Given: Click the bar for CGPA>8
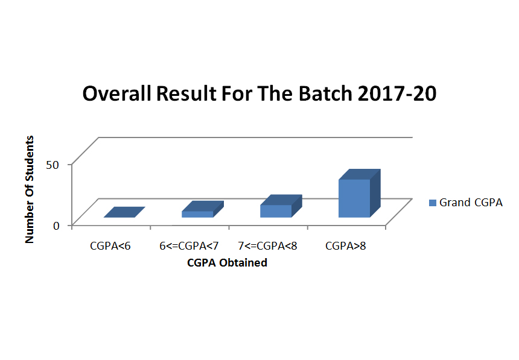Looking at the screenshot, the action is (x=359, y=194).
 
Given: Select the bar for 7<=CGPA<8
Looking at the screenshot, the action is (x=281, y=206).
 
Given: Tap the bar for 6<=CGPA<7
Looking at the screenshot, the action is (x=203, y=209).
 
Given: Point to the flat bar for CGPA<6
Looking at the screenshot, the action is (x=124, y=212).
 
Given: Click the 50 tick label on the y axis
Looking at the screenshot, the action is (x=53, y=165).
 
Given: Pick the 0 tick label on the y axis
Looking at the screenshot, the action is (x=56, y=226).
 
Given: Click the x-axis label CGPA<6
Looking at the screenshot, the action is (x=110, y=246).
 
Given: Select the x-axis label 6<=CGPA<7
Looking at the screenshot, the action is (x=189, y=246).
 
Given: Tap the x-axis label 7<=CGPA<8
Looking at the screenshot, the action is (x=267, y=246).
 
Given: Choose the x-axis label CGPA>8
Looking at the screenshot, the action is (x=346, y=246).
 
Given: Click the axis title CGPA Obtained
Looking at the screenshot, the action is (x=227, y=263).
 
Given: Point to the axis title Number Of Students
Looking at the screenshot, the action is (x=30, y=189).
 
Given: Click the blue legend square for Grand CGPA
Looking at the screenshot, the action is (x=432, y=203).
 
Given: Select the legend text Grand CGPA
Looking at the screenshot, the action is (x=471, y=203).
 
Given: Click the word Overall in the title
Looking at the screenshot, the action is (x=117, y=93).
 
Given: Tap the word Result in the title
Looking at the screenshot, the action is (x=186, y=93).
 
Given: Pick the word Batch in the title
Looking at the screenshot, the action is (x=325, y=93).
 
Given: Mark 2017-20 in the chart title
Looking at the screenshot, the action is (x=397, y=93).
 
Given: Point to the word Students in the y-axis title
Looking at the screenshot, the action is (x=30, y=159).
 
